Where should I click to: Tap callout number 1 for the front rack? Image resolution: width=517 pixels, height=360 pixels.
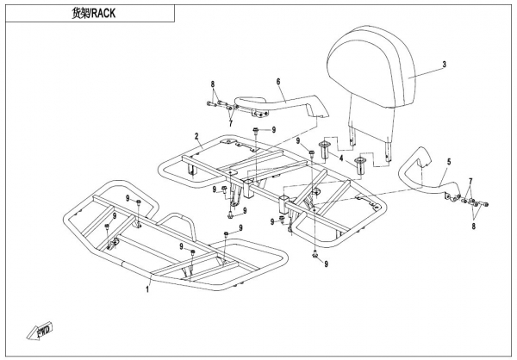tap(147, 290)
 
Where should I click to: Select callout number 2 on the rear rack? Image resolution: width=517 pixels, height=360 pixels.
tap(196, 136)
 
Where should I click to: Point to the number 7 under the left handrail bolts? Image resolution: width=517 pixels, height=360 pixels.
tap(230, 123)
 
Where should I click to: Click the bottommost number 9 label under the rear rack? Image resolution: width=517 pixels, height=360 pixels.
tap(327, 263)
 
